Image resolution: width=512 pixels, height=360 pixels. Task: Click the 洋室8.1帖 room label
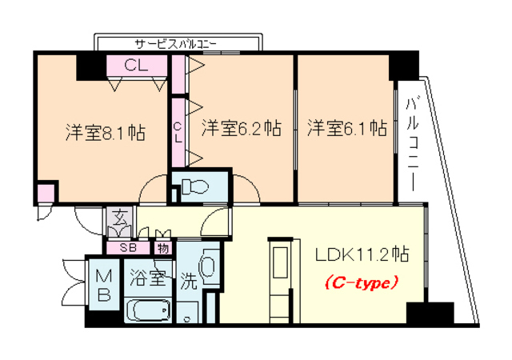(105, 132)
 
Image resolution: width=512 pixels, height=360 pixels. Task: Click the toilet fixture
(194, 188)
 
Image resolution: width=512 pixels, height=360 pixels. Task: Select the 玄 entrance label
(117, 217)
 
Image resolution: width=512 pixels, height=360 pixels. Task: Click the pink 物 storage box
(162, 247)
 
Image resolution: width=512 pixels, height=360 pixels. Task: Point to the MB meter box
(105, 284)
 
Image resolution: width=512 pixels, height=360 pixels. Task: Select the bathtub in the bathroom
(149, 310)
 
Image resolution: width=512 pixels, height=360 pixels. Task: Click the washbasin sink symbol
(210, 266)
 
